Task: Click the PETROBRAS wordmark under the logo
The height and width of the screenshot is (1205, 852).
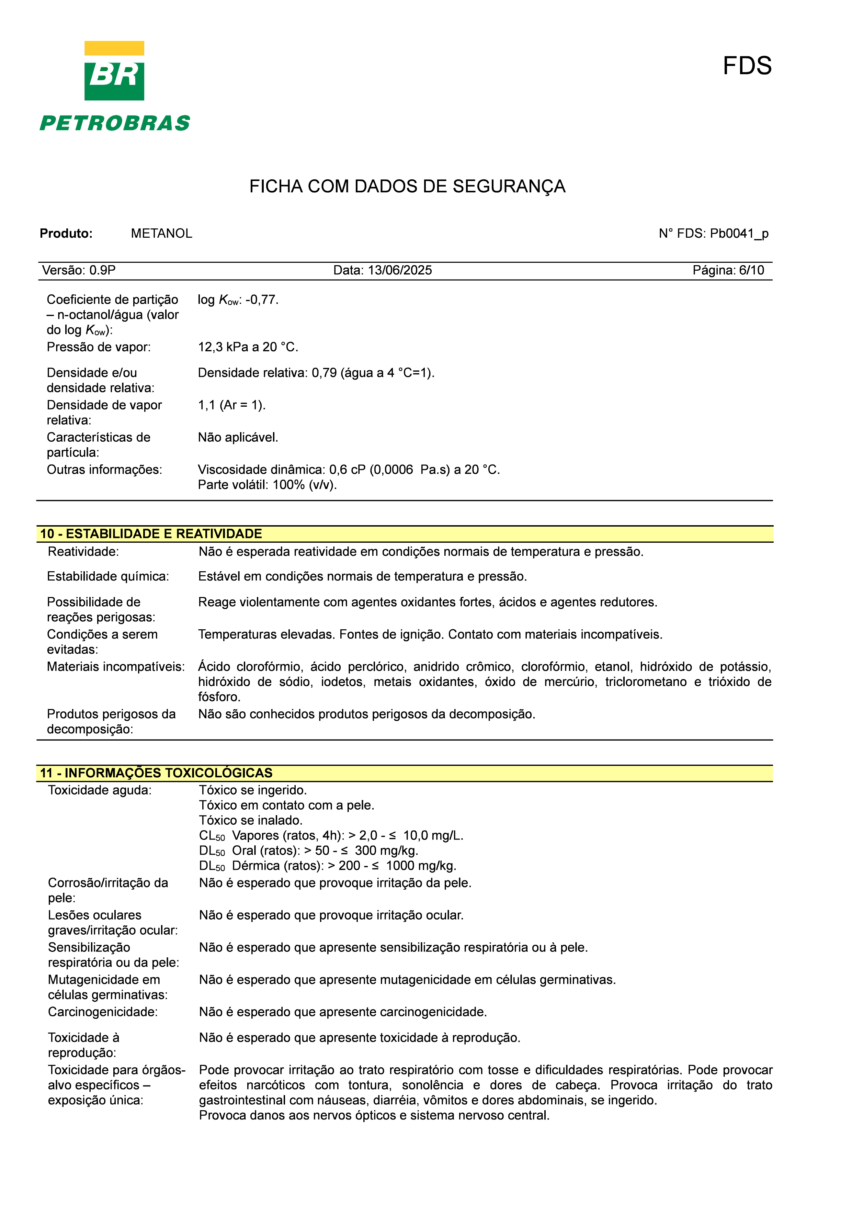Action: coord(115,123)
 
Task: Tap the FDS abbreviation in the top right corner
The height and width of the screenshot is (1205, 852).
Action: coord(747,66)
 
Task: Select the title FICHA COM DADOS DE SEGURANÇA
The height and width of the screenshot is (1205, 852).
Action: coord(407,186)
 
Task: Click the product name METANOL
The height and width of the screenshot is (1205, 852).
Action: coord(162,234)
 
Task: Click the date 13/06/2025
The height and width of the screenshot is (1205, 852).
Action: coord(400,270)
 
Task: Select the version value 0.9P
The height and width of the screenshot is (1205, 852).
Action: coord(102,270)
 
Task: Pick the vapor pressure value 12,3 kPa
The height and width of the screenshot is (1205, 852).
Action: coord(223,347)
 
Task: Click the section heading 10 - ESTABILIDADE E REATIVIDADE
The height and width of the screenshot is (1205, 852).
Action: coord(151,534)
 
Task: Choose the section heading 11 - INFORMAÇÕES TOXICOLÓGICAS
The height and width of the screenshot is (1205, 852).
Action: coord(156,773)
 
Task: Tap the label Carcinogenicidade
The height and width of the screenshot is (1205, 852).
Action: coord(103,1012)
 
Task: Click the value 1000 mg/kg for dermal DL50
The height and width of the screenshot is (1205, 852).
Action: coord(420,865)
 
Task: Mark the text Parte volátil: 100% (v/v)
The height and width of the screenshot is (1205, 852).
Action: coord(267,484)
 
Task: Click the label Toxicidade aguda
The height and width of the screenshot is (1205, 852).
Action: coord(100,790)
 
